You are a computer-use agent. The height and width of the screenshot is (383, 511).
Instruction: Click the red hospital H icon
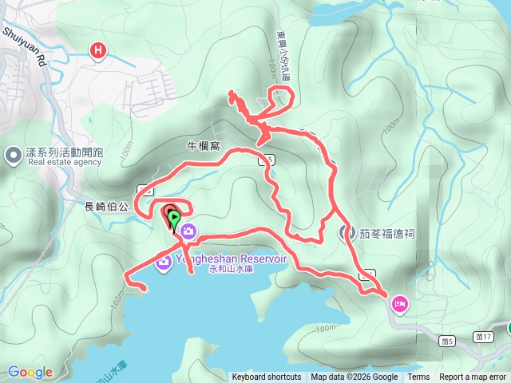point(98,51)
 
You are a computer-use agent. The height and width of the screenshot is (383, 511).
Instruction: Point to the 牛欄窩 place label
point(203,146)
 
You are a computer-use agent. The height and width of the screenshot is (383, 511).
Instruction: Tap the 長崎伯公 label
point(106,206)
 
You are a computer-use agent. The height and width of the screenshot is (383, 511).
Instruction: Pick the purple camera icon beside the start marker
point(189,231)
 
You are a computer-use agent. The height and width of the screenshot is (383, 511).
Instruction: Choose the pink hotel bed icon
point(399,302)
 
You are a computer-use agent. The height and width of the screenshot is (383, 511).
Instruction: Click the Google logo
point(30,372)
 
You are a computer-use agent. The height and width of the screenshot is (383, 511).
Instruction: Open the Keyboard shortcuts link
point(267,377)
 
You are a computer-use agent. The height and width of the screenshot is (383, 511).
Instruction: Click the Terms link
point(418,377)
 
